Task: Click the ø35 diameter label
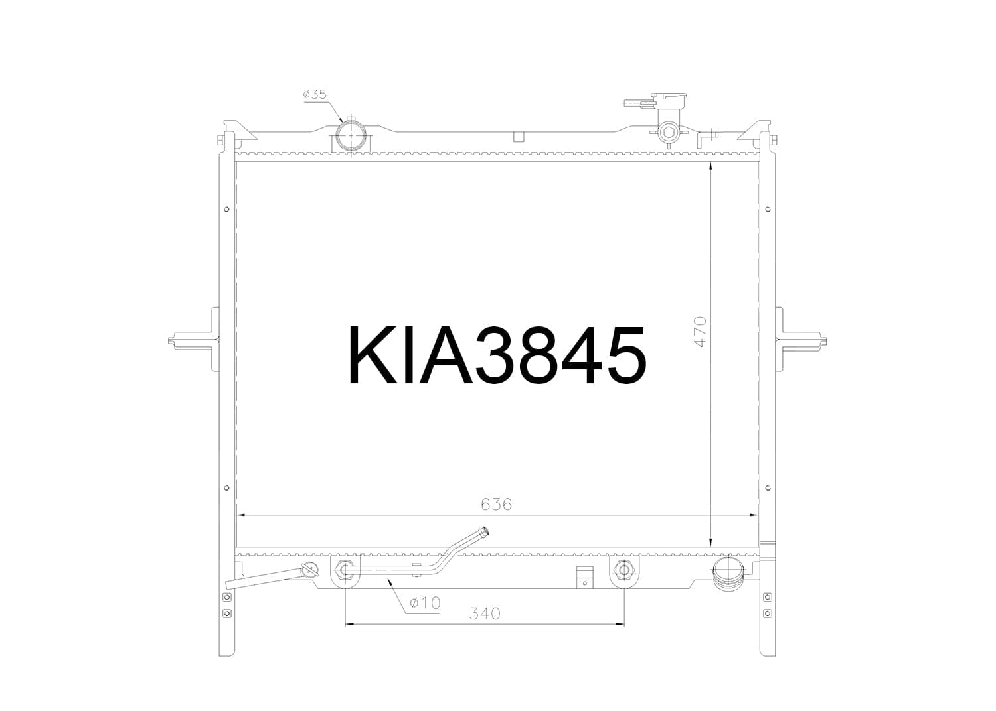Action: pos(315,94)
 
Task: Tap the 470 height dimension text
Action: pos(700,332)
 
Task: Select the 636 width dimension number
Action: pos(496,504)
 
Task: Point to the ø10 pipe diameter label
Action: pos(425,603)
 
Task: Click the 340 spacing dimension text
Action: pos(485,614)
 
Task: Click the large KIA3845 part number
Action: pos(497,355)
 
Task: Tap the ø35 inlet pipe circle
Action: pos(351,136)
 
